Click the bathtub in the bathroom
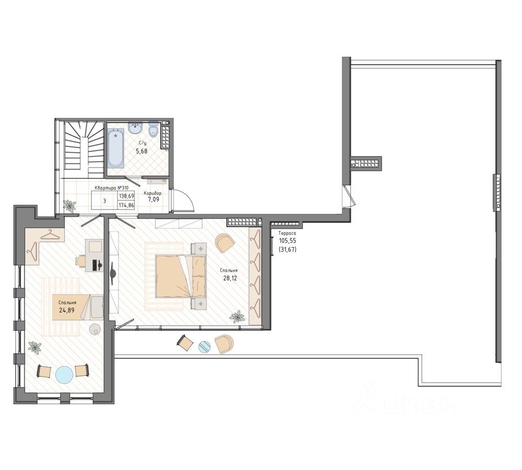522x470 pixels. (x=116, y=149)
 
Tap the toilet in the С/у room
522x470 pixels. (x=153, y=131)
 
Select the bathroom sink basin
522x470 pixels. (x=136, y=128)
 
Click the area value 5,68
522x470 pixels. (x=141, y=151)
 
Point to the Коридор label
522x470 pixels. (x=152, y=193)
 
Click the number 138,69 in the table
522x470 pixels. (x=126, y=196)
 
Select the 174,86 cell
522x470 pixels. (x=126, y=206)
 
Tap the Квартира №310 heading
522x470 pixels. (x=112, y=188)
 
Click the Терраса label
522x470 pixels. (x=287, y=233)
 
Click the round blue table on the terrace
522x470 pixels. (x=205, y=347)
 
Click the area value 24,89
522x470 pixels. (x=67, y=310)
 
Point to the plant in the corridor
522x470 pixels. (x=69, y=206)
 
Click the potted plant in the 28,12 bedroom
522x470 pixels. (x=237, y=316)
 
